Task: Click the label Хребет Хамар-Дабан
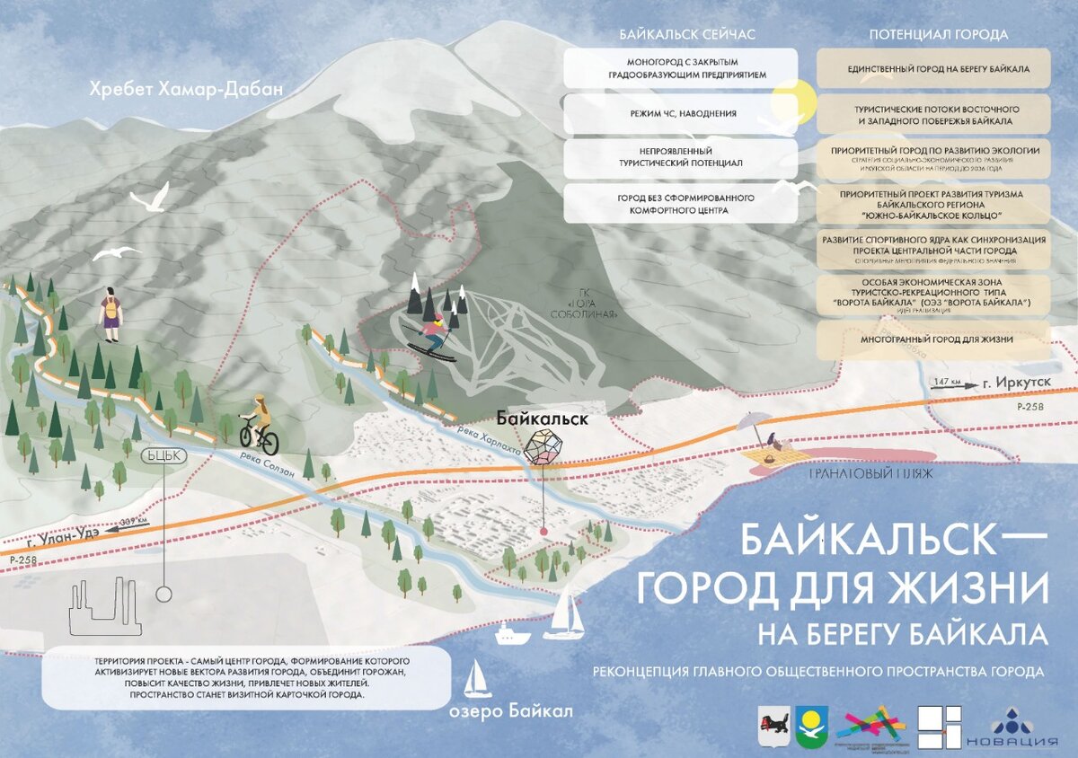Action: click(x=185, y=89)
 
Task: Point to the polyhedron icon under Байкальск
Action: click(x=543, y=446)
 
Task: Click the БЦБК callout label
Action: click(x=163, y=455)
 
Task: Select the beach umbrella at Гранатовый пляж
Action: click(x=753, y=423)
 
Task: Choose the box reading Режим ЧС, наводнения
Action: click(x=680, y=114)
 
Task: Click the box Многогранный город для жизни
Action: click(x=933, y=339)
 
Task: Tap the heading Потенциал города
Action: click(x=938, y=35)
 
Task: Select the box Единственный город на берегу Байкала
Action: click(x=933, y=68)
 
